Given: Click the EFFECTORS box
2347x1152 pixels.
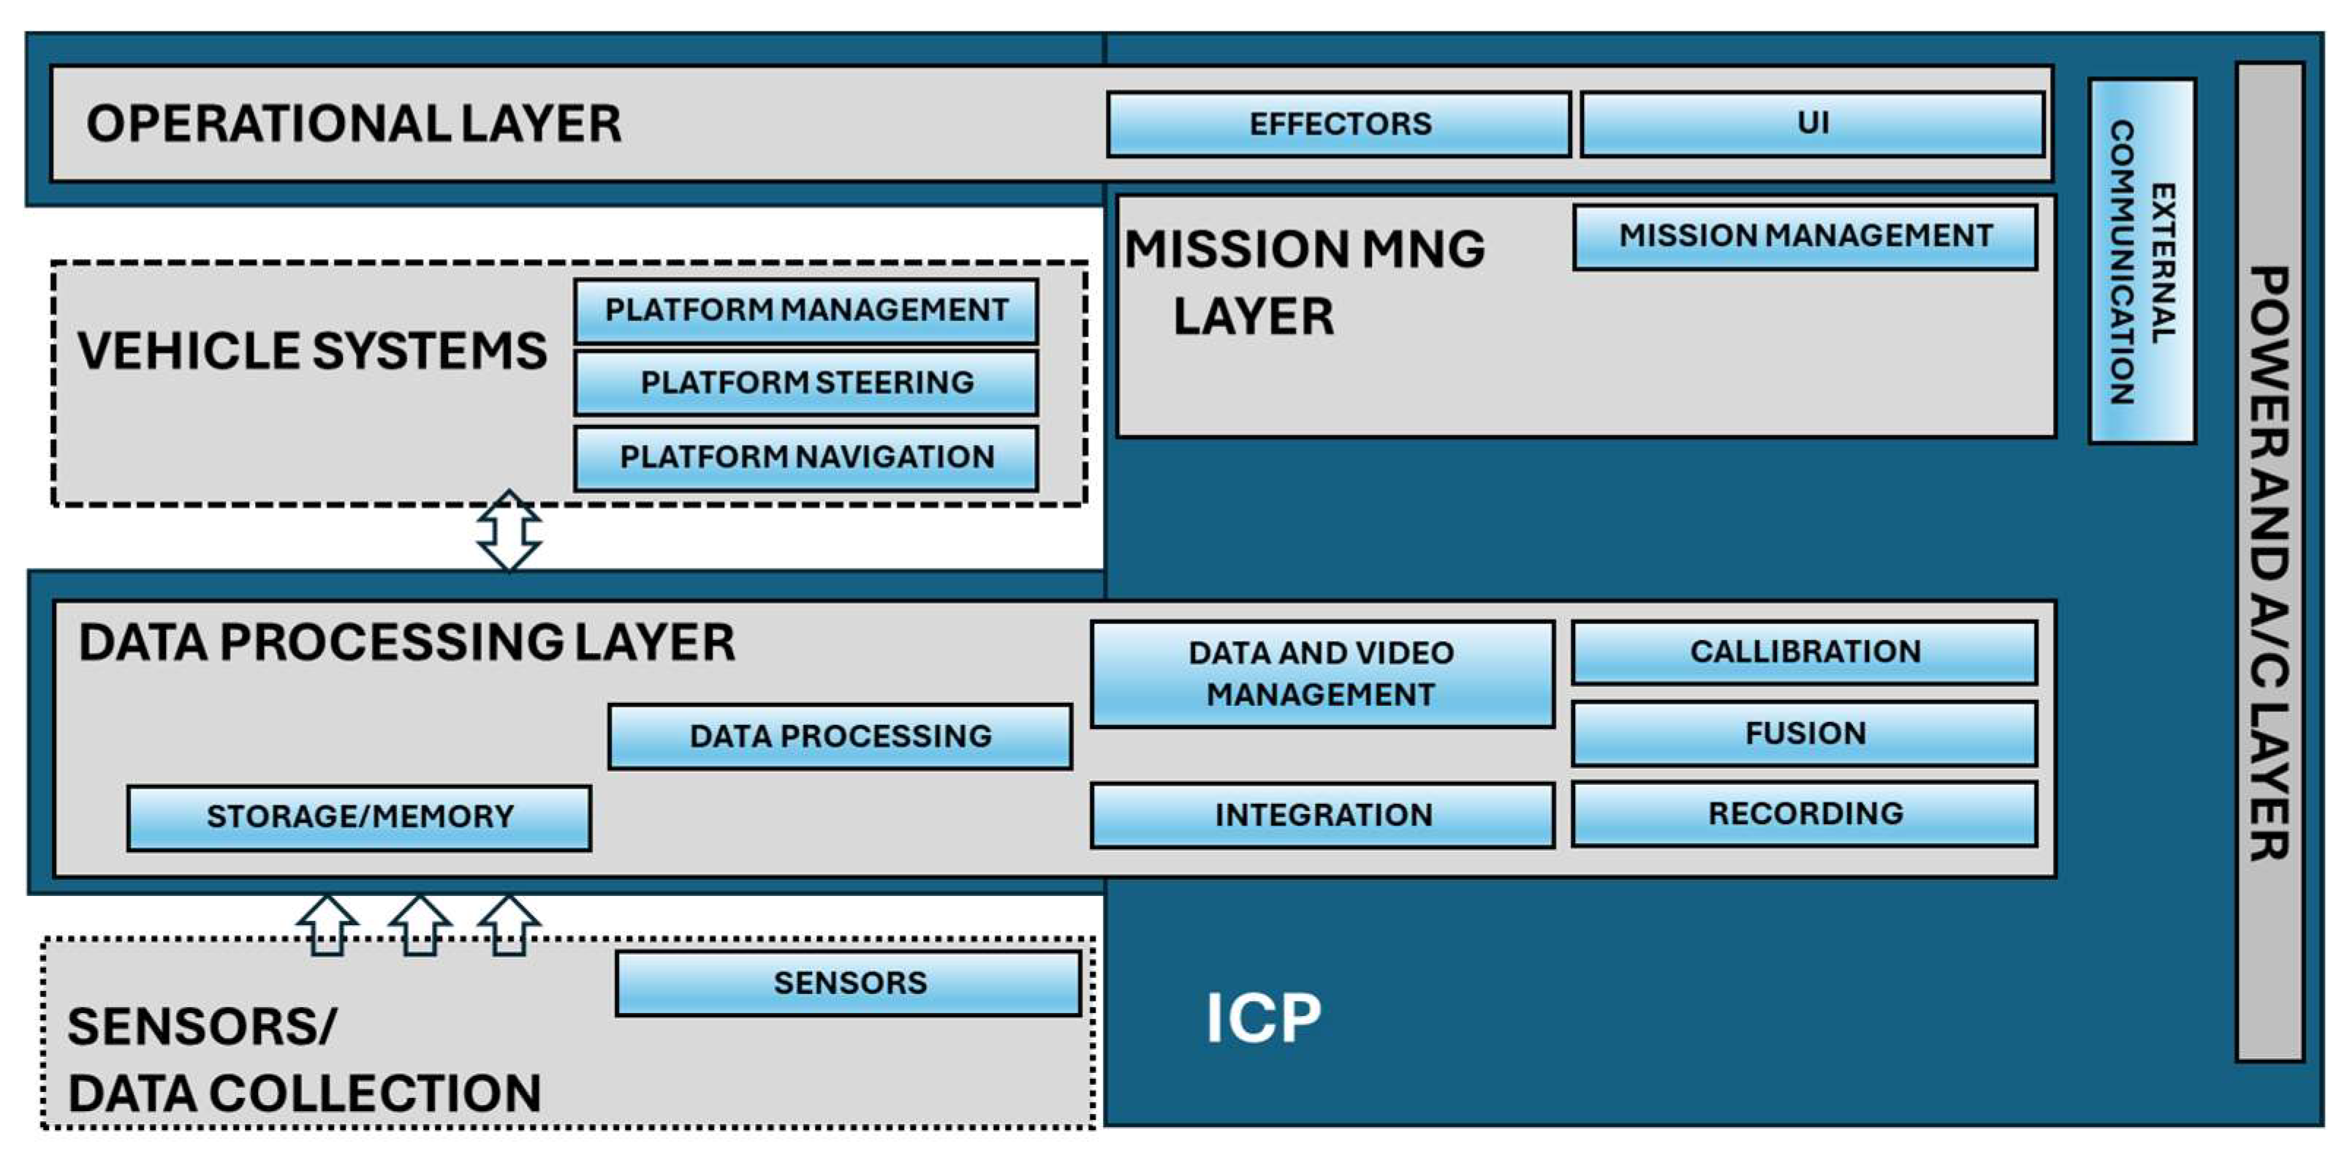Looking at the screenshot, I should point(1338,124).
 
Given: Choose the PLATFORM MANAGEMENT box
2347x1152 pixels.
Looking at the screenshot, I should point(805,311).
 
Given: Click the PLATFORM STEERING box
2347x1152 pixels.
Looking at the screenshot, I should point(805,383).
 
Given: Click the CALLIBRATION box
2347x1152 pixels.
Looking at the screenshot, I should point(1804,652).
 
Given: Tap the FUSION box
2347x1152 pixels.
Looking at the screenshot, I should point(1804,733).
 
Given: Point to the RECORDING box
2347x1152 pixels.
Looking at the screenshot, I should point(1804,813).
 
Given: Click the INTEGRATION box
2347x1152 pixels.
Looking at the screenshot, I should point(1322,815).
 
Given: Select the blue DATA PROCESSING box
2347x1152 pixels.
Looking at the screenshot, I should point(839,737).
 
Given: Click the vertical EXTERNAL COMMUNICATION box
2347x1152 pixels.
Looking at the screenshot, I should point(2142,262).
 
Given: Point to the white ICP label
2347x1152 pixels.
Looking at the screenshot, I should point(1263,1018).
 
